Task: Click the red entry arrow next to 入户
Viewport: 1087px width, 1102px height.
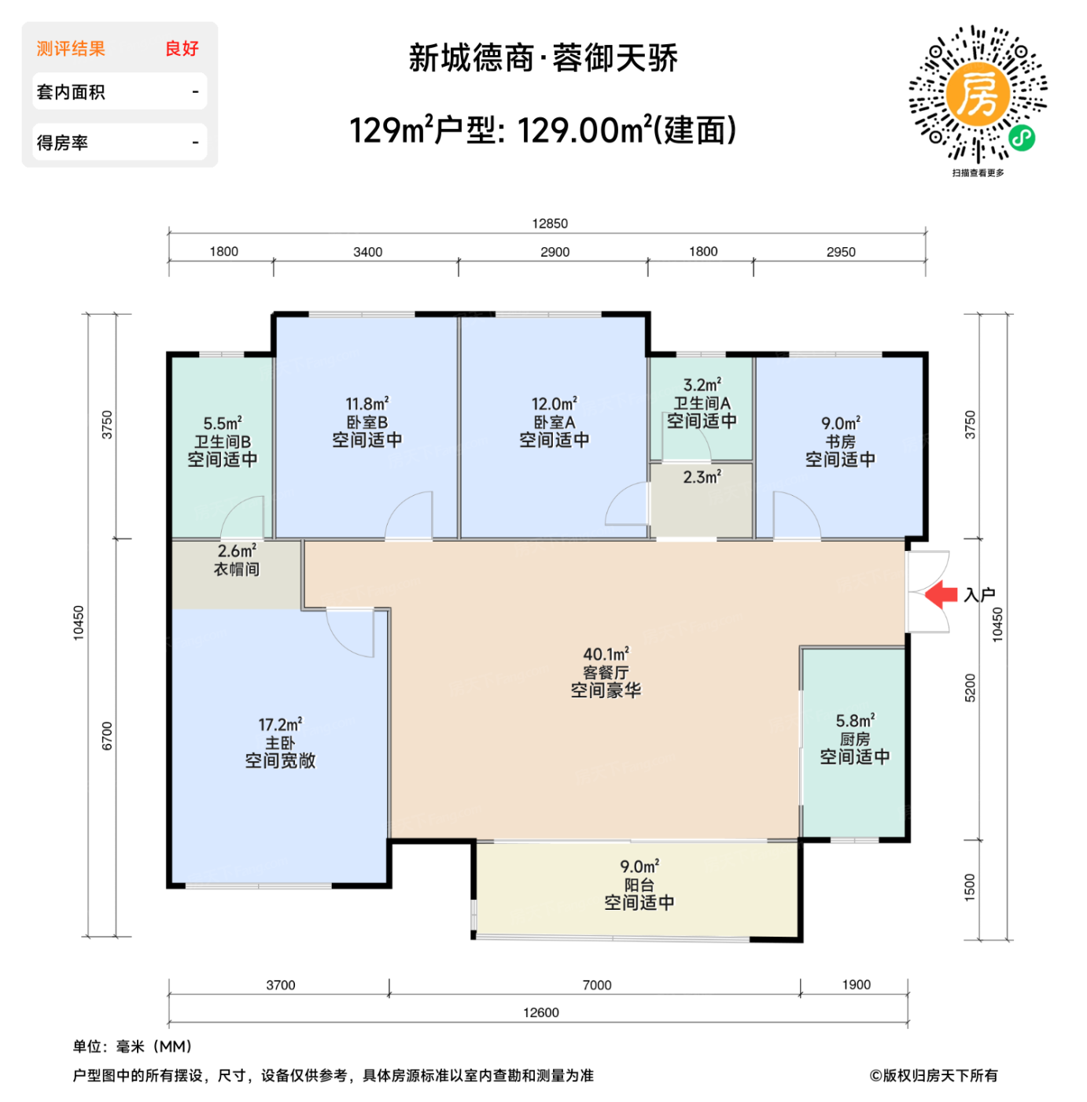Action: tap(941, 594)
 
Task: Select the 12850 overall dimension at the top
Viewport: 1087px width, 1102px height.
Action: tap(549, 224)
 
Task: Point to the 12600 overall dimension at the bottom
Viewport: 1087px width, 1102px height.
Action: tap(541, 1012)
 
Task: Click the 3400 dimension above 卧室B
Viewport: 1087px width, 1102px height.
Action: tap(367, 252)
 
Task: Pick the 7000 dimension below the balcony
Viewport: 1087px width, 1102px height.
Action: tap(596, 985)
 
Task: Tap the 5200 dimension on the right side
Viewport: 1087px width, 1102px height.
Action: tap(970, 688)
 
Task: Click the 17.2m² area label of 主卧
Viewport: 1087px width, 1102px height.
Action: tap(280, 724)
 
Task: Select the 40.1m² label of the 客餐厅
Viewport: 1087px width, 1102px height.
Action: tap(606, 654)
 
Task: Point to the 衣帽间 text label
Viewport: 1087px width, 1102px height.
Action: tap(237, 569)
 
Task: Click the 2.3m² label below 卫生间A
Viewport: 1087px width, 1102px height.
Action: tap(702, 477)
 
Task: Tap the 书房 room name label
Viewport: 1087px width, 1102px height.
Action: tap(840, 442)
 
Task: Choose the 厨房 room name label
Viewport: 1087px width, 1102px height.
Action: tap(854, 739)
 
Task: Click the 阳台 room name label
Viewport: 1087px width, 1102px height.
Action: tap(639, 885)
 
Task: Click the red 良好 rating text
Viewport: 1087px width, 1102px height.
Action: tap(182, 49)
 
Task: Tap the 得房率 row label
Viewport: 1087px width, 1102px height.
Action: tap(62, 143)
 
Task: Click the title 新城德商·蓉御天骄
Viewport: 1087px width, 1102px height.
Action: tap(543, 58)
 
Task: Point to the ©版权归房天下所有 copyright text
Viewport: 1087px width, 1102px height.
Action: tap(934, 1075)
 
